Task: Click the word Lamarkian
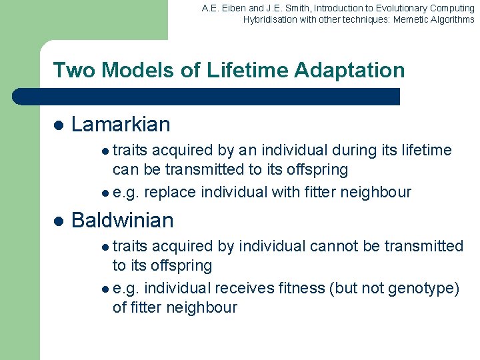(121, 124)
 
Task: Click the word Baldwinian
(122, 220)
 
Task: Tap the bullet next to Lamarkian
(58, 125)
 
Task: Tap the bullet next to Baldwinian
(58, 221)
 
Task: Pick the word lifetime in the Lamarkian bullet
(425, 150)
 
